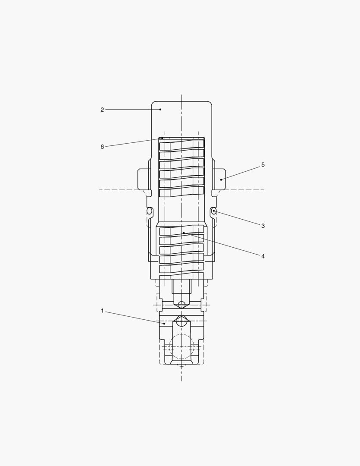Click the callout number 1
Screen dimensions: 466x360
(102, 311)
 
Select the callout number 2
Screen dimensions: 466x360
(102, 110)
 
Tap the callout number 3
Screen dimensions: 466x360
(263, 226)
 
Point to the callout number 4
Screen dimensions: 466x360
(263, 256)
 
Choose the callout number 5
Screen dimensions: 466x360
(263, 165)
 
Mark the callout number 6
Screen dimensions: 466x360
(102, 147)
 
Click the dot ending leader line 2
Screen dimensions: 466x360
(160, 110)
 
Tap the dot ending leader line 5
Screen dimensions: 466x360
(221, 179)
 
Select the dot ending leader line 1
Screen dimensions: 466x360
(164, 323)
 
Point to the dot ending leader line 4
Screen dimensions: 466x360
(184, 233)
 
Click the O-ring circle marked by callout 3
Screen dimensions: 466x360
(213, 211)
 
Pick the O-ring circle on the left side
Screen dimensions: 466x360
(150, 211)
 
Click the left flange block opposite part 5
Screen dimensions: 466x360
(143, 179)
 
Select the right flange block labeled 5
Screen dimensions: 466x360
(219, 179)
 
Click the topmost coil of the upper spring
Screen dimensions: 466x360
(182, 144)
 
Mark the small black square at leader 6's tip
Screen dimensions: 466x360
(162, 139)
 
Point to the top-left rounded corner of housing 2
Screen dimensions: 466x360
(153, 103)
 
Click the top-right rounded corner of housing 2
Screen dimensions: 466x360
(210, 103)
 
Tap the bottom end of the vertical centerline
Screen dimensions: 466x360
(182, 380)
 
